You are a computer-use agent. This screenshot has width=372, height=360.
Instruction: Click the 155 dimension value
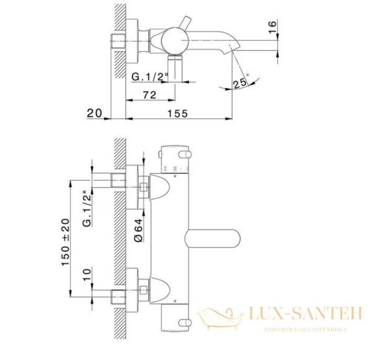(178, 113)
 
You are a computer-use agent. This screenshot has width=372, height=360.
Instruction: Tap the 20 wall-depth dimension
(94, 113)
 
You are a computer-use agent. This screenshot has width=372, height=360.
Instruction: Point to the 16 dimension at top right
(272, 28)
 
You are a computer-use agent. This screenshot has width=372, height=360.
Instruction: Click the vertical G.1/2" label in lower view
(87, 211)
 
